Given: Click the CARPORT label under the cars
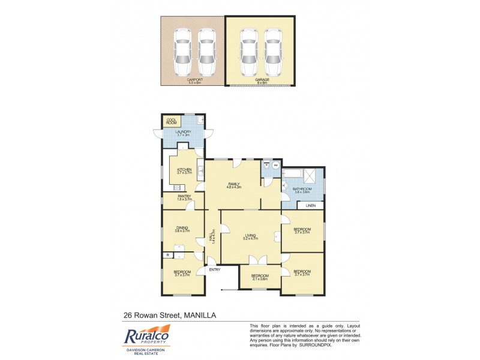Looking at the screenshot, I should point(194,80).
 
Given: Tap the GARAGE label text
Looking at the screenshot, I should point(262,80).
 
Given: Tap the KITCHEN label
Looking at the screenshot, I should point(184,170).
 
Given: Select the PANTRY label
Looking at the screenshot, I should point(184,196).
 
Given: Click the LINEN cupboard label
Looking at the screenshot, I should point(310,206).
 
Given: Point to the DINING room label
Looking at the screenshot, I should point(182,227).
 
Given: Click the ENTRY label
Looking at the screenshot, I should point(215,270).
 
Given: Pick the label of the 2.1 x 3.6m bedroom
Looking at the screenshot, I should point(260,275).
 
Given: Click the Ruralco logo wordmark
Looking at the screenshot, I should point(147,336).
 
